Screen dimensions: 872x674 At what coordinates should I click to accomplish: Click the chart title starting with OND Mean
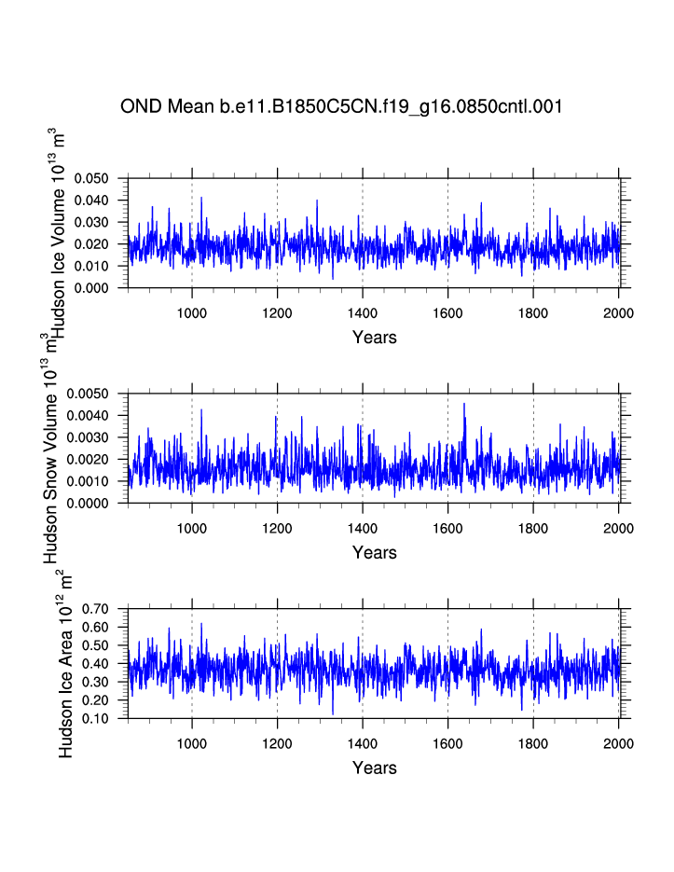[x=340, y=106]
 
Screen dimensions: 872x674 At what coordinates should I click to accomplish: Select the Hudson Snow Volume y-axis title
[x=52, y=448]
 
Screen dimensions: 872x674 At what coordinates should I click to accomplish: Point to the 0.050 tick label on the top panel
[x=91, y=178]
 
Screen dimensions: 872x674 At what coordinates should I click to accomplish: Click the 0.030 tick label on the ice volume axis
[x=91, y=222]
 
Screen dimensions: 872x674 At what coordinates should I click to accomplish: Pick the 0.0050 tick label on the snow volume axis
[x=89, y=394]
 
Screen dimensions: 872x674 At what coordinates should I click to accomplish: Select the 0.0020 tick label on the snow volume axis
[x=89, y=459]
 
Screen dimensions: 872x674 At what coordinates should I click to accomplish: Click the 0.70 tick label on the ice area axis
[x=97, y=608]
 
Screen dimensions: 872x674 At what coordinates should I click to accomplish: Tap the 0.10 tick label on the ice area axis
[x=97, y=719]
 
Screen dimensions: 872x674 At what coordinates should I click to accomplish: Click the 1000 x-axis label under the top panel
[x=192, y=312]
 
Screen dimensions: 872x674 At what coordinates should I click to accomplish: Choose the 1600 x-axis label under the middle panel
[x=447, y=528]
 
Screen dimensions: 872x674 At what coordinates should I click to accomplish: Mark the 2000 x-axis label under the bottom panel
[x=618, y=743]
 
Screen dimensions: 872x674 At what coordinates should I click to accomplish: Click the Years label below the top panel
[x=374, y=338]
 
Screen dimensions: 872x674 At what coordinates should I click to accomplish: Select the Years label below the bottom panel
[x=374, y=768]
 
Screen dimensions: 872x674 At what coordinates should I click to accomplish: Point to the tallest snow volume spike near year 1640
[x=464, y=404]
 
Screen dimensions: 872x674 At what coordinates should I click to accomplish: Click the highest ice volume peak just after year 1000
[x=200, y=198]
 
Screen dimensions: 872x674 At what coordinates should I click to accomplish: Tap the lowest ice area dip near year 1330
[x=333, y=713]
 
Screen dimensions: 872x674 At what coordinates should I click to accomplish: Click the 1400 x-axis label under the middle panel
[x=363, y=528]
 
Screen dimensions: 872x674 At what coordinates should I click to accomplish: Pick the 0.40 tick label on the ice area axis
[x=97, y=664]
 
